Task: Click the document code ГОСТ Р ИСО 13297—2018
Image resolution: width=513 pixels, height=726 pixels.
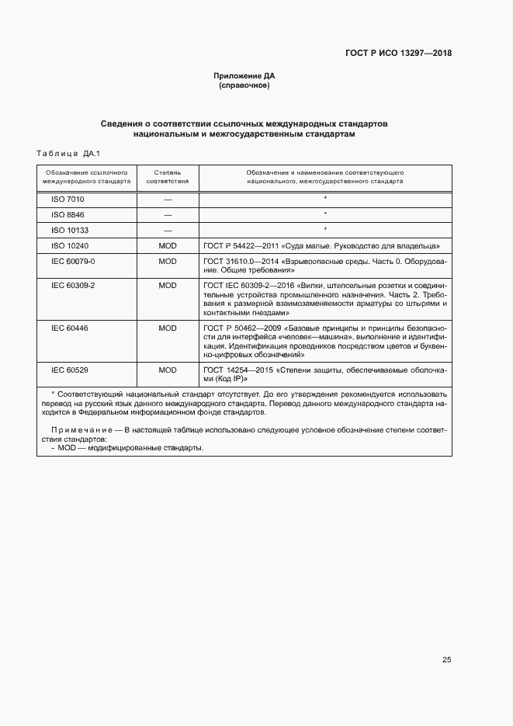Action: (398, 54)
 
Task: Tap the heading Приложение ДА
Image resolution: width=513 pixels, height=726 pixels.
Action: (244, 76)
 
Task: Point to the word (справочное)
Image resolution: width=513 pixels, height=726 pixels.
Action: (244, 85)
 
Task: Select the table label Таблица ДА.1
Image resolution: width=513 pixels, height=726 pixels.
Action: (69, 154)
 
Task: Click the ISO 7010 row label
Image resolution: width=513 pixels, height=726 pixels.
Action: (68, 200)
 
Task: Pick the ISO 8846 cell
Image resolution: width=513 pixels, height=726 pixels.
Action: (68, 214)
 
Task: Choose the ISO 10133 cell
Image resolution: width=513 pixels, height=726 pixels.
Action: (69, 230)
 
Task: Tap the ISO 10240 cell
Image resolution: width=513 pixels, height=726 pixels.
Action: (69, 245)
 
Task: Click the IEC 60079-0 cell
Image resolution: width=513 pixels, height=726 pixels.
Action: (73, 261)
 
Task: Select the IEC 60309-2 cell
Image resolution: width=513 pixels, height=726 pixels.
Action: (73, 286)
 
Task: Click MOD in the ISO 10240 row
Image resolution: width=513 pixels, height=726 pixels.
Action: (168, 245)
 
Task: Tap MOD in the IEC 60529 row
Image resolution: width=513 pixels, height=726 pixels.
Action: (168, 370)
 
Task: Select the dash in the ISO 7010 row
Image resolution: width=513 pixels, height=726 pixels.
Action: (168, 200)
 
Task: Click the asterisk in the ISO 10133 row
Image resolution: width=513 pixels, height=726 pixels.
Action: (325, 229)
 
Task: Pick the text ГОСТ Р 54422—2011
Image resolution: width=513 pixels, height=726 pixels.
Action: (238, 245)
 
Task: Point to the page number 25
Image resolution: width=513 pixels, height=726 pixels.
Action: (446, 660)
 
